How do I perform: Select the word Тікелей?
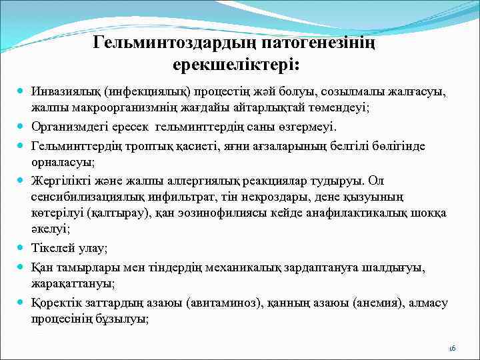(x=49, y=248)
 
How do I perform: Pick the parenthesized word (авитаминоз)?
(x=218, y=303)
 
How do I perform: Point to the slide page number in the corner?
(x=451, y=348)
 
